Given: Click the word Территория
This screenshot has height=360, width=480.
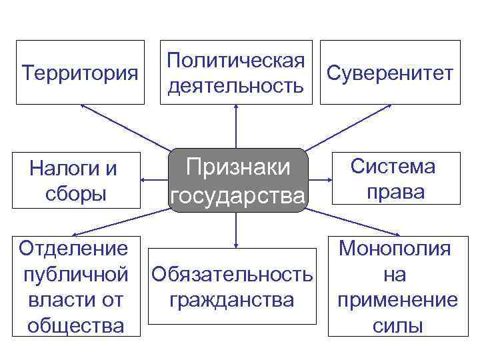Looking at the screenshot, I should coord(80,71).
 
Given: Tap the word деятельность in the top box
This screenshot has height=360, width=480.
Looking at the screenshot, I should coord(237,86).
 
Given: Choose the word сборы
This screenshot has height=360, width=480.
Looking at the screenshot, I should coord(73,194).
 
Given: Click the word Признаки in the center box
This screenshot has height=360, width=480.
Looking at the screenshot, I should coord(237,167).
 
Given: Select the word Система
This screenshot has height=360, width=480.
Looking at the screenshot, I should coord(393,166).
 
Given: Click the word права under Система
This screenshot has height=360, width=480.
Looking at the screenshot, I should coord(394,192).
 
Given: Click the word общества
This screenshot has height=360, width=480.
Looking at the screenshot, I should coord(75,326).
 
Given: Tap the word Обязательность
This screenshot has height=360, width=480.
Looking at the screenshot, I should coord(232,274).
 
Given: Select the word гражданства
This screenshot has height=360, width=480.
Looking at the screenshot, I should coord(232,300).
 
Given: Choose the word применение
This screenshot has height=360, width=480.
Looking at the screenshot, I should coord(397,300).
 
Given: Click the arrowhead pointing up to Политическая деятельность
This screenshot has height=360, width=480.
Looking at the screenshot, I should coord(236,108).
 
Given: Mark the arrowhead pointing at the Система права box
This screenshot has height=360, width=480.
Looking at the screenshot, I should coord(337,179).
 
